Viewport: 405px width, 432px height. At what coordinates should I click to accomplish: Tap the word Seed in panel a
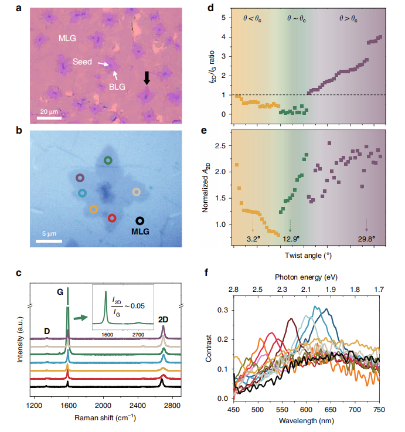[x=84, y=62]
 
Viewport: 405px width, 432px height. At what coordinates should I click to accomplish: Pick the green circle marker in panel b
[x=108, y=160]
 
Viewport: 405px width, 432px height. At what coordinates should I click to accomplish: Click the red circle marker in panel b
[x=112, y=218]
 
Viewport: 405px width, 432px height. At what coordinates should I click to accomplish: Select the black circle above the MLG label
[x=139, y=220]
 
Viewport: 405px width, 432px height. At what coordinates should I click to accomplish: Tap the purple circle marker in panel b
[x=80, y=178]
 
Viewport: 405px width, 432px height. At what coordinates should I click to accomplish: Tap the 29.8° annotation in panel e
[x=366, y=239]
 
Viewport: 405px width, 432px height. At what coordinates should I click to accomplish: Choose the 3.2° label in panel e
[x=253, y=239]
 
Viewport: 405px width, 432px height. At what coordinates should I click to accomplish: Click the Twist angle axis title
[x=308, y=256]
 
